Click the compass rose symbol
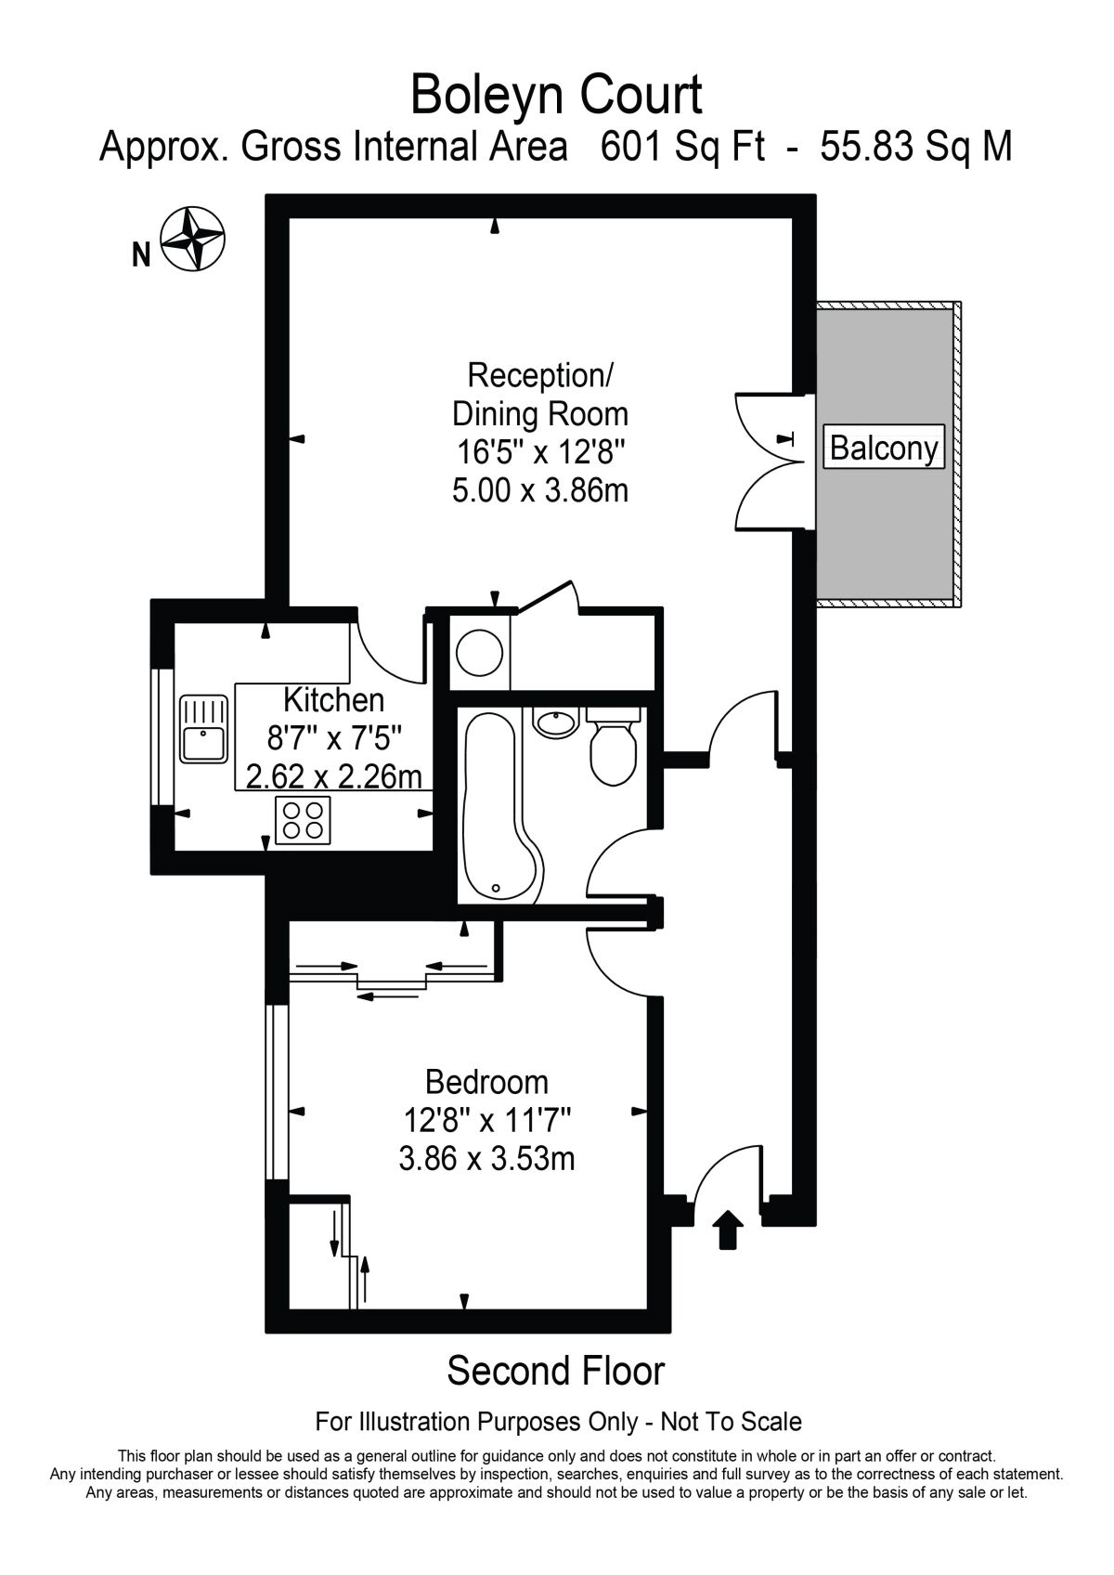[x=193, y=239]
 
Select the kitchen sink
[x=204, y=729]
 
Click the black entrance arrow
[x=728, y=1230]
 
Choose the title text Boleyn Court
[x=556, y=95]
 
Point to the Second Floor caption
[x=556, y=1371]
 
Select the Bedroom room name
[x=486, y=1082]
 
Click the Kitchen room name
[x=333, y=699]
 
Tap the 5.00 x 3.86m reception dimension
[x=540, y=489]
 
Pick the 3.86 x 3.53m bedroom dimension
[x=486, y=1159]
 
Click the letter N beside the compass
[x=141, y=254]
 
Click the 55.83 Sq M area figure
[x=915, y=147]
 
